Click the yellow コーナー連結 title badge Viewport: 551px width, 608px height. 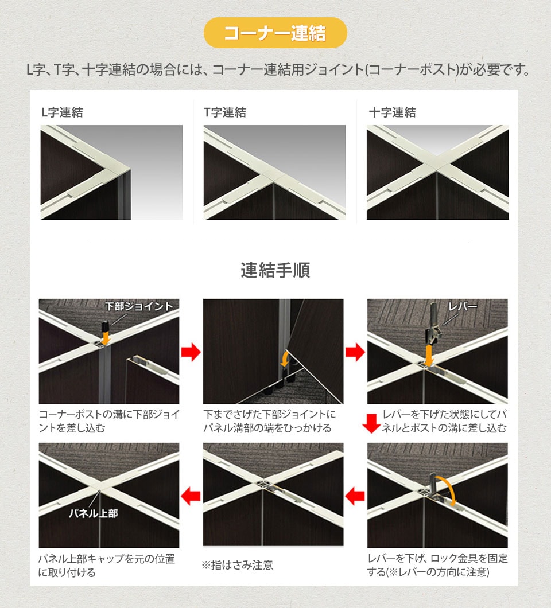[275, 33]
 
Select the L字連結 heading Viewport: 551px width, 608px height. [62, 112]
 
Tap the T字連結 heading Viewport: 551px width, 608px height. [225, 112]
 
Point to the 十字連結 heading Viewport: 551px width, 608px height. [392, 112]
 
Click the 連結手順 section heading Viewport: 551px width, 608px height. [275, 270]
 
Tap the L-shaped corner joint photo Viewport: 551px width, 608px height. [111, 172]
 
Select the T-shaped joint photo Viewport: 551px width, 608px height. [274, 172]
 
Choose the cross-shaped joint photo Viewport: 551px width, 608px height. [437, 172]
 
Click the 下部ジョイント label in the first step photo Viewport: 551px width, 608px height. [139, 306]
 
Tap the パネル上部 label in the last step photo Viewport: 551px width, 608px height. [93, 513]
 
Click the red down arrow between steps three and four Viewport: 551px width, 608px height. [372, 424]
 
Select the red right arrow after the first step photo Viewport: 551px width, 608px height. [191, 352]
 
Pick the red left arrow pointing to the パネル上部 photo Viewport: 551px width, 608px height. [191, 495]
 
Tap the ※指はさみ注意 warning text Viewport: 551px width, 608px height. [237, 565]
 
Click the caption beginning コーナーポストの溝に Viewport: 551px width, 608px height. [109, 421]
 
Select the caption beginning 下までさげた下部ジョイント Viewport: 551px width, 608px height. [270, 421]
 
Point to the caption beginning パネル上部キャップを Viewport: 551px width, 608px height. [106, 565]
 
